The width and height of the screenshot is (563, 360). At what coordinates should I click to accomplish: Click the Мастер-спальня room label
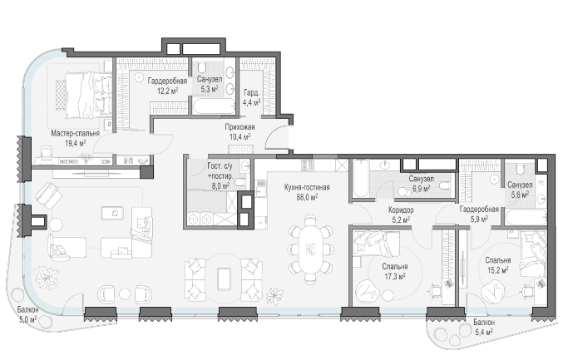pyautogui.click(x=75, y=134)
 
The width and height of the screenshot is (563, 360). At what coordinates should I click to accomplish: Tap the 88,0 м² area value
pyautogui.click(x=307, y=197)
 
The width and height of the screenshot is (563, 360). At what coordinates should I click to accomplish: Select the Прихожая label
pyautogui.click(x=240, y=127)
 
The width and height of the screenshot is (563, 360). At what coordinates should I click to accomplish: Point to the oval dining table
pyautogui.click(x=311, y=249)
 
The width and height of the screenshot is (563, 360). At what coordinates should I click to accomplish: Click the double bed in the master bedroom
pyautogui.click(x=88, y=95)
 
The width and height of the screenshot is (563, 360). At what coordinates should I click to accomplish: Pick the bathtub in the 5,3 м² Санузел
pyautogui.click(x=213, y=106)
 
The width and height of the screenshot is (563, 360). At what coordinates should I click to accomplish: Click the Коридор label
pyautogui.click(x=401, y=210)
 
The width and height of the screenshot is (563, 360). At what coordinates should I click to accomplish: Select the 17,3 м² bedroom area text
pyautogui.click(x=395, y=276)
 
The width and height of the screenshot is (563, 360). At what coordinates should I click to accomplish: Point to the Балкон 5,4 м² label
pyautogui.click(x=484, y=328)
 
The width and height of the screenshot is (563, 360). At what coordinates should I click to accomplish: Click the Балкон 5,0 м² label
pyautogui.click(x=27, y=314)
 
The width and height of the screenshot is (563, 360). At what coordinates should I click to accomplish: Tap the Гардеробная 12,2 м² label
pyautogui.click(x=167, y=86)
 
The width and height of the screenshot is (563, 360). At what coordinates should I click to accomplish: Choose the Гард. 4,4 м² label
pyautogui.click(x=252, y=97)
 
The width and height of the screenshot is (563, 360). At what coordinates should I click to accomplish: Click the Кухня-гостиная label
pyautogui.click(x=307, y=187)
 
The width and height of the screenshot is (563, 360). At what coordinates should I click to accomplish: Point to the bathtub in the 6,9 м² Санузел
pyautogui.click(x=360, y=179)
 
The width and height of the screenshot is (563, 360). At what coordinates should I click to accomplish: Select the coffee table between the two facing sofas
pyautogui.click(x=225, y=279)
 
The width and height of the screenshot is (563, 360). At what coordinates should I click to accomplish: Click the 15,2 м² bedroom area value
pyautogui.click(x=497, y=270)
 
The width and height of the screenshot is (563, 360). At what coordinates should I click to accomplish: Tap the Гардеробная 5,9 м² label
pyautogui.click(x=479, y=214)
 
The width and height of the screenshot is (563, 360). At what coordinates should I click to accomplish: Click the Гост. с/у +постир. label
pyautogui.click(x=220, y=176)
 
